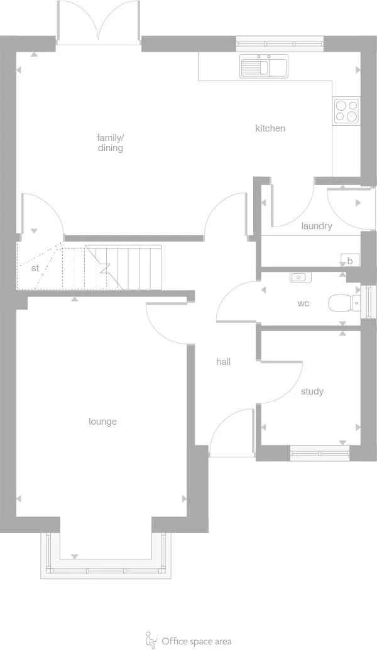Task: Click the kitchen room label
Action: tap(270, 128)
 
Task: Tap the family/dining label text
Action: tap(111, 143)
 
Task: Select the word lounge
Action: tap(102, 422)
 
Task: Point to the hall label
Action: tap(223, 362)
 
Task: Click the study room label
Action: tap(312, 391)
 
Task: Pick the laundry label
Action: tap(316, 226)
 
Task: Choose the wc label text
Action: tap(303, 303)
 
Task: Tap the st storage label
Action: tap(35, 268)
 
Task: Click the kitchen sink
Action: tap(264, 67)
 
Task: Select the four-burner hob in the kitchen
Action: tap(346, 111)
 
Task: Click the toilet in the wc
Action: tap(342, 303)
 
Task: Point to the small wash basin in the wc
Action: tap(298, 277)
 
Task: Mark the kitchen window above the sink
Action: tap(280, 44)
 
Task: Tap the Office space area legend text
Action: tap(197, 641)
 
